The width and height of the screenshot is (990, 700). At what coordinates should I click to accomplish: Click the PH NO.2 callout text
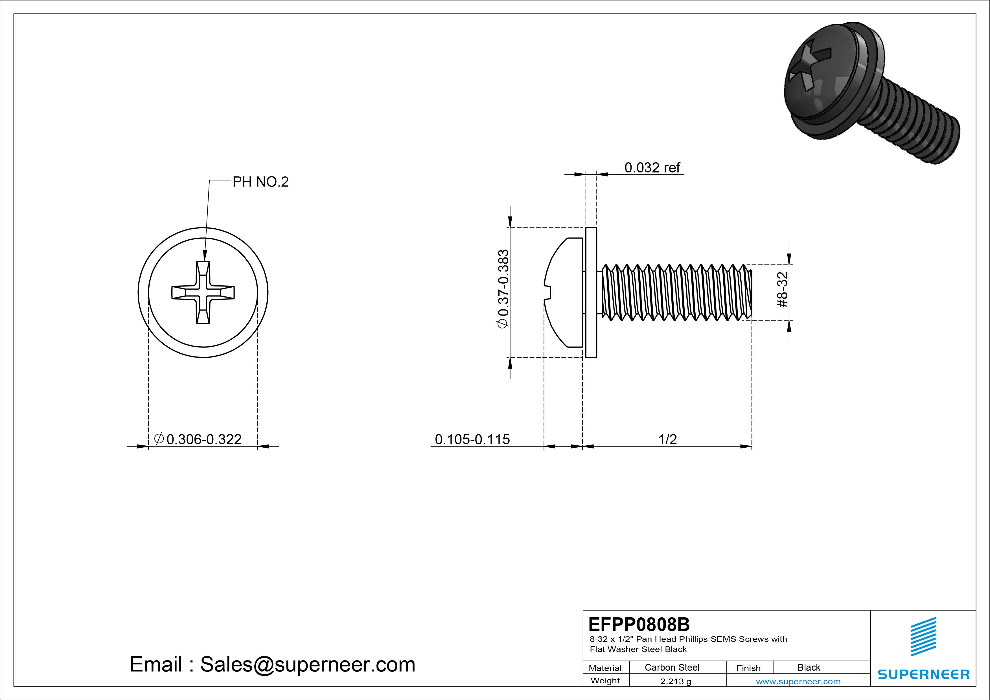(x=260, y=182)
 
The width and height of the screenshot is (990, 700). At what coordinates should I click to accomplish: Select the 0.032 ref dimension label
(x=652, y=168)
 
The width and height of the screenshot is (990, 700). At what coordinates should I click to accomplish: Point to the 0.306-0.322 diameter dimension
(x=203, y=439)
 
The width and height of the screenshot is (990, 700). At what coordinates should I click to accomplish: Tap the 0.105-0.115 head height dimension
(x=472, y=439)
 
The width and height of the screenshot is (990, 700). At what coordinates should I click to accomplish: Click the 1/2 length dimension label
(x=667, y=439)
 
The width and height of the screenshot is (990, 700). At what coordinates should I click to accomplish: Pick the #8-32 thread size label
(x=783, y=289)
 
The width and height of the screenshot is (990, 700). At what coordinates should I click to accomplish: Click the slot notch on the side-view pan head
(x=548, y=292)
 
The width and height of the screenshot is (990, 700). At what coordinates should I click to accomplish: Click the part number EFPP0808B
(x=639, y=624)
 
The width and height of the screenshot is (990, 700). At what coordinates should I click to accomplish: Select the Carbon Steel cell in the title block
(x=672, y=667)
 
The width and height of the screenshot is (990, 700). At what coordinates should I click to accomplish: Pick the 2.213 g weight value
(x=676, y=681)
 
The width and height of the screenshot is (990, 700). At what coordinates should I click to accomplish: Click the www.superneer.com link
(x=798, y=681)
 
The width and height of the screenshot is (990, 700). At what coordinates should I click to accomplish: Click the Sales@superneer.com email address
(x=307, y=664)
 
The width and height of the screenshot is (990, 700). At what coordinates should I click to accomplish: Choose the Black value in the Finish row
(x=809, y=667)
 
